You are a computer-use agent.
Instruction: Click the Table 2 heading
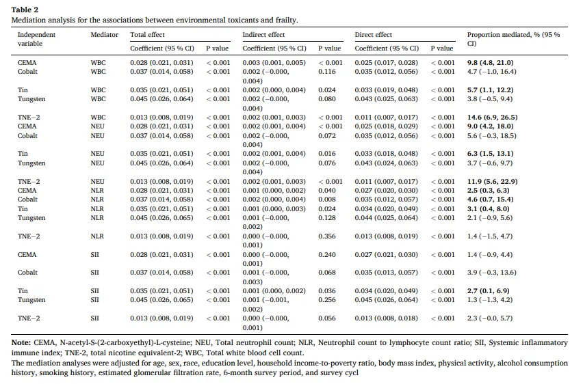click(25, 10)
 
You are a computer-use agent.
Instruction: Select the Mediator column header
click(105, 35)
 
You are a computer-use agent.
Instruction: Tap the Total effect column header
click(147, 35)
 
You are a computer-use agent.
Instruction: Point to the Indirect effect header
click(263, 35)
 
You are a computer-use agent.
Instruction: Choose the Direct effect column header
click(374, 35)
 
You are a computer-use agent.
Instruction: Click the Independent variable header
click(36, 39)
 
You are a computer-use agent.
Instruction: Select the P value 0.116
click(327, 72)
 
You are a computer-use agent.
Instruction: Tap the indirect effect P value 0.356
click(327, 236)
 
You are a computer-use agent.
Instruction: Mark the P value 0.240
click(327, 255)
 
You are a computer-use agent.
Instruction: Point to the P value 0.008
click(327, 200)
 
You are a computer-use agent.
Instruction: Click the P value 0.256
click(327, 300)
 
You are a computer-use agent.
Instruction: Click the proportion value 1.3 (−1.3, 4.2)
click(490, 300)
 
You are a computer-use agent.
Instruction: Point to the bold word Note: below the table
click(21, 342)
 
